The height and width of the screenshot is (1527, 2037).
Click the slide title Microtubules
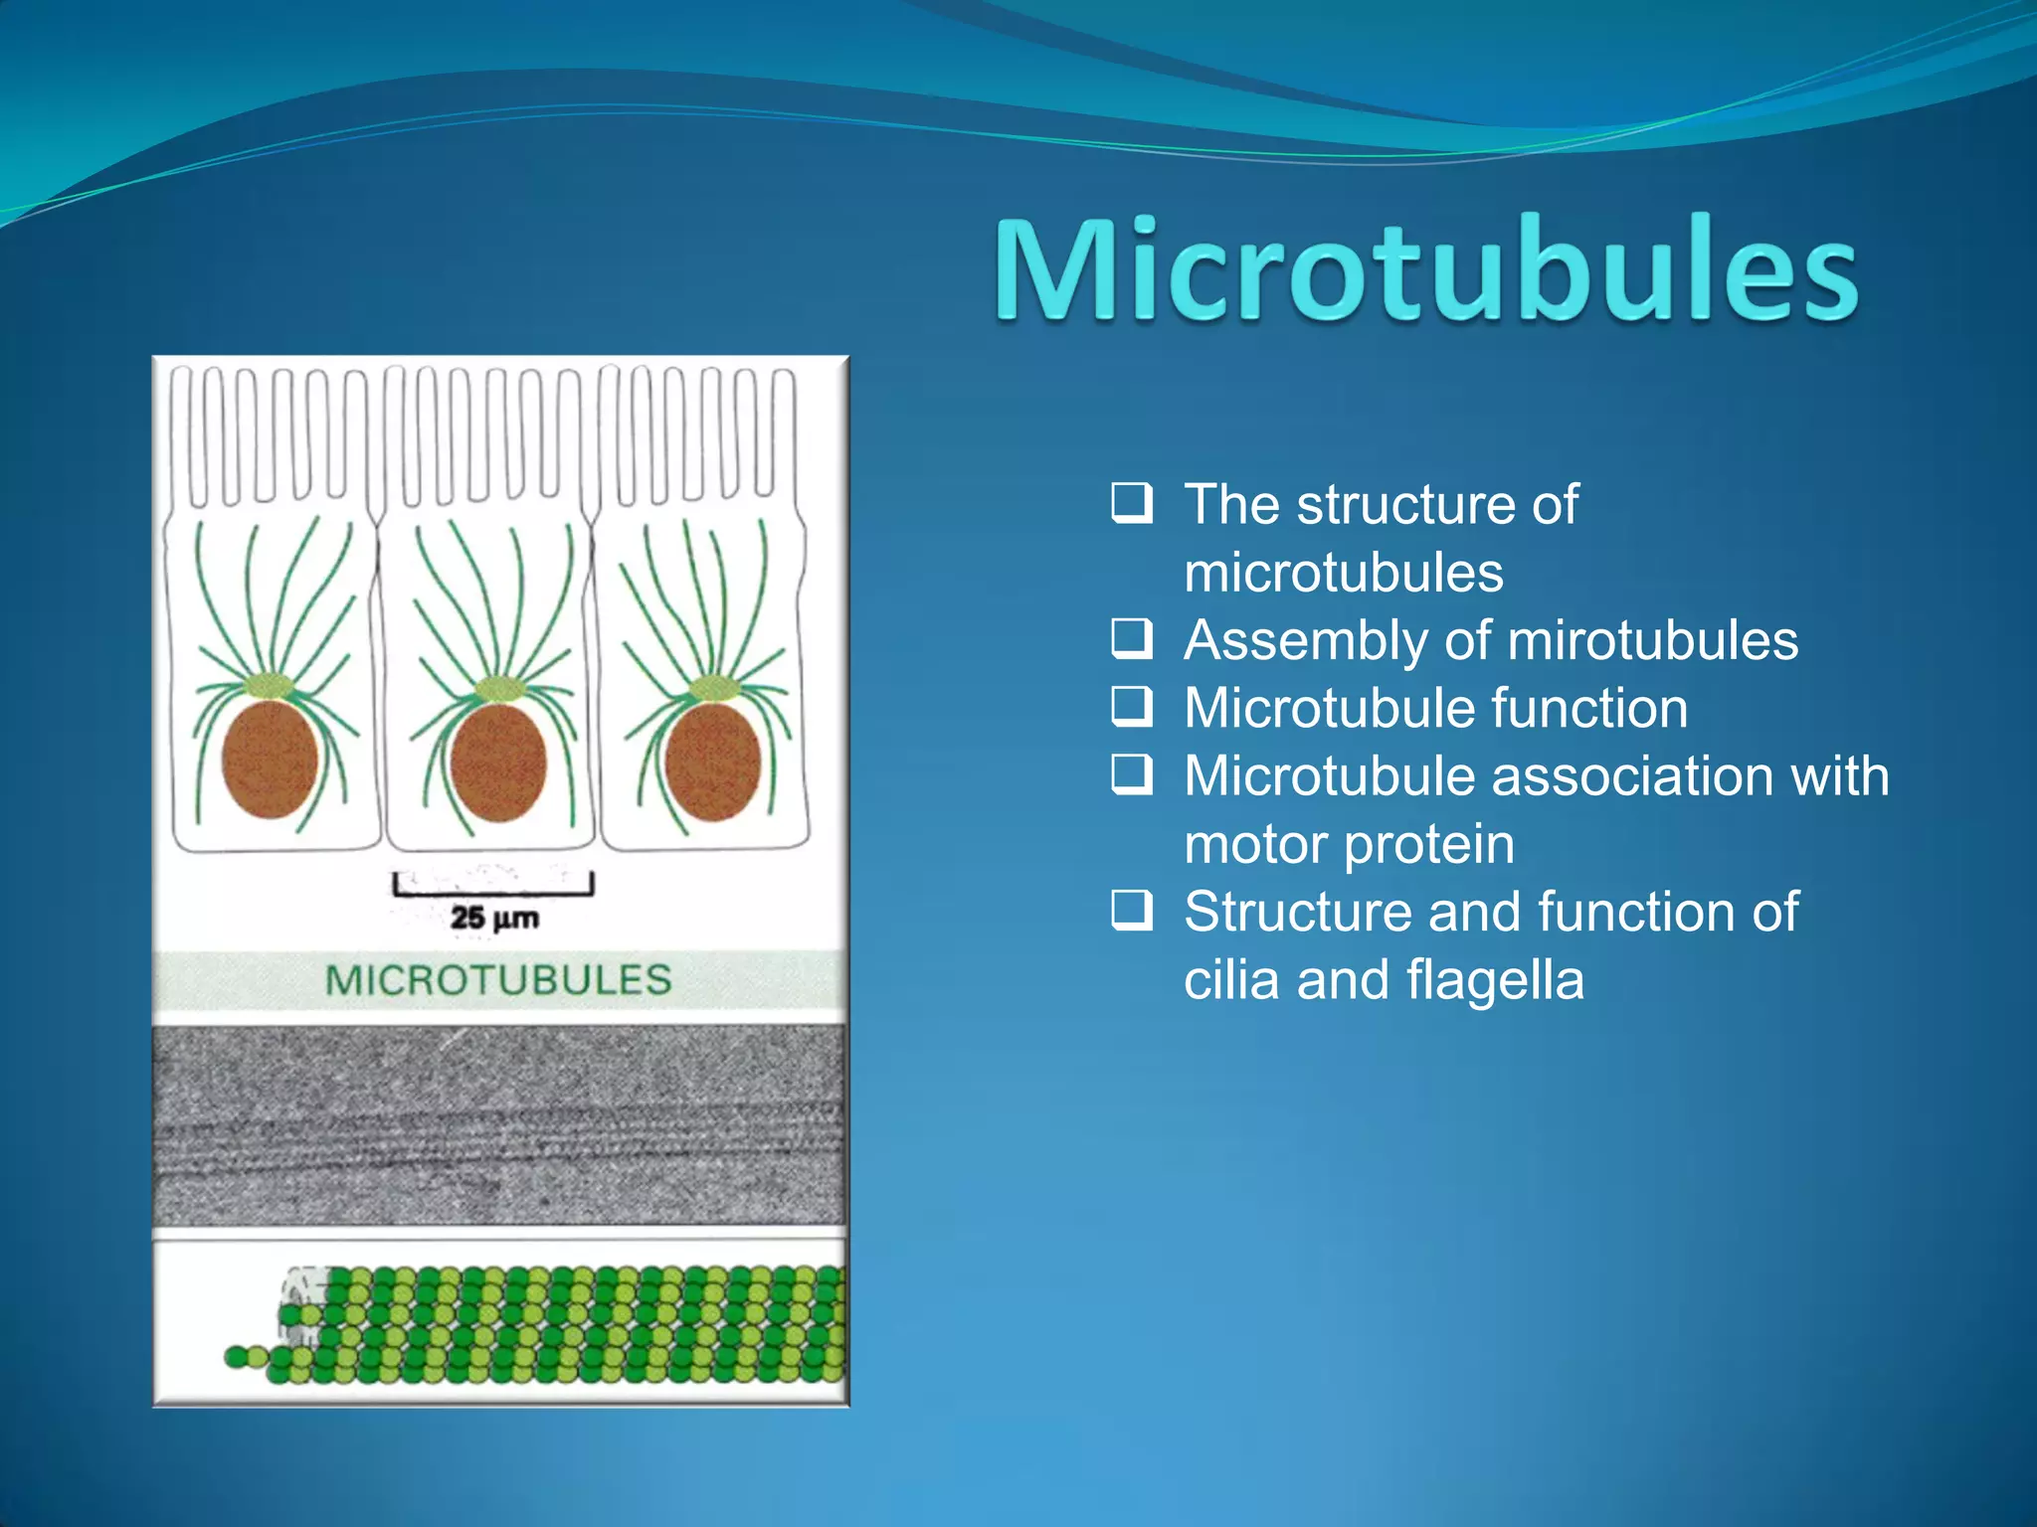[x=1426, y=270]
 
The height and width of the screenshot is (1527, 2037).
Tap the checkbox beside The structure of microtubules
[x=1132, y=503]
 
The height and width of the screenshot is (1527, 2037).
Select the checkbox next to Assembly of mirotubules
[x=1132, y=639]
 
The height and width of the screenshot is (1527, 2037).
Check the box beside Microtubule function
[x=1132, y=707]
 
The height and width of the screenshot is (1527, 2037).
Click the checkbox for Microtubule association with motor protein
[x=1132, y=774]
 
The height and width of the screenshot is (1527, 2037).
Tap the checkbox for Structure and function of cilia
[x=1132, y=911]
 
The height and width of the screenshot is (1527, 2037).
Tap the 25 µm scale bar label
[x=494, y=917]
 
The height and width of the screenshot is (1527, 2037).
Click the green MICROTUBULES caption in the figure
[x=498, y=980]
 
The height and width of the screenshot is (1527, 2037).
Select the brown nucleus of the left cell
[x=270, y=760]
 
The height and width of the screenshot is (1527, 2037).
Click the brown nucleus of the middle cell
[x=498, y=763]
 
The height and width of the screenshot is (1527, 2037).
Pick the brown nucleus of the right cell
[x=712, y=763]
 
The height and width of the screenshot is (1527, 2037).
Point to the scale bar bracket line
[x=493, y=892]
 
